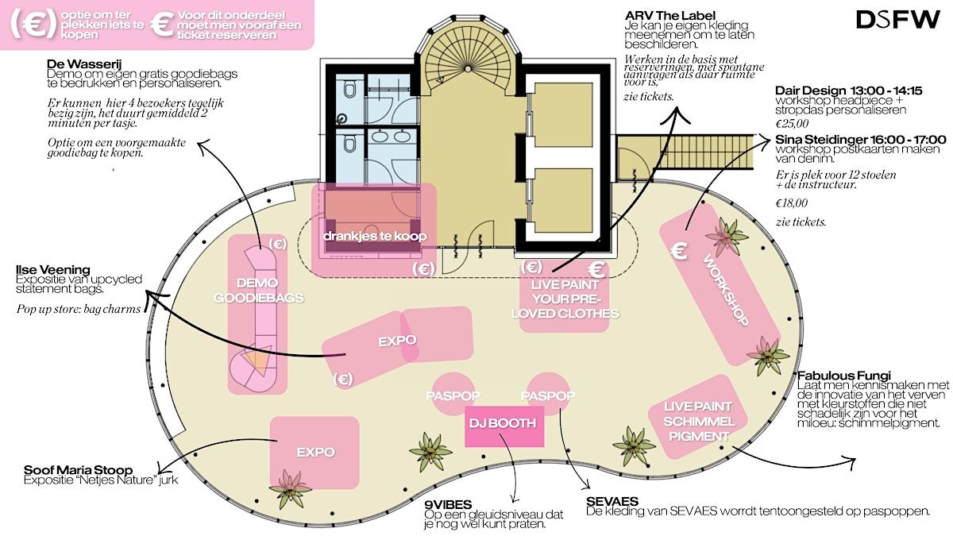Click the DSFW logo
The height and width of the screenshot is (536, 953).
897,20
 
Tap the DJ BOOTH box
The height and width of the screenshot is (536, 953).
504,426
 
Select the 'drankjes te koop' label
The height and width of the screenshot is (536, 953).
375,236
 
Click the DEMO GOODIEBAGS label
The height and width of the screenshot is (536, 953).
258,290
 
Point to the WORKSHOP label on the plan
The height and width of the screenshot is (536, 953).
725,291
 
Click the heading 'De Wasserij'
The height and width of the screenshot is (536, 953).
84,64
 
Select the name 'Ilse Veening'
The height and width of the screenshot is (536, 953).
52,270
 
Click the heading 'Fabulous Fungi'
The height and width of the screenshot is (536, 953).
844,376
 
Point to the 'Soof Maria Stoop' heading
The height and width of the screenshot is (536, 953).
79,470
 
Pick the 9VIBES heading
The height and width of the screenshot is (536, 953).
448,505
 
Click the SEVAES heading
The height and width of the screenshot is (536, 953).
612,502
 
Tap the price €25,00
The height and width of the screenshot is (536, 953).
792,124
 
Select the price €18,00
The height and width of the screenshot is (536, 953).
791,203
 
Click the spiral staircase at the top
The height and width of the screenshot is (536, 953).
468,60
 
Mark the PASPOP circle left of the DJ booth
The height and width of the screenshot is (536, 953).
453,394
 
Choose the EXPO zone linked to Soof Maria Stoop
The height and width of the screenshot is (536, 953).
314,452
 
